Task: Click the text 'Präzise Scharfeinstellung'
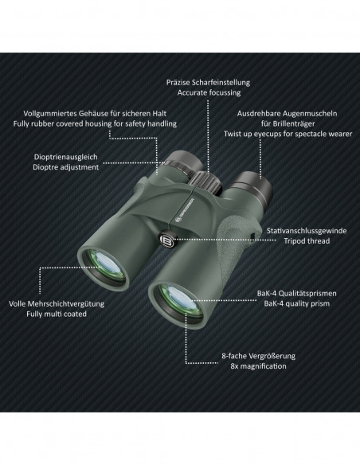[208, 83]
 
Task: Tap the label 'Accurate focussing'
[209, 92]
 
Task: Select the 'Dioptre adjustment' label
[66, 167]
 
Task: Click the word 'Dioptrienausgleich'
[65, 157]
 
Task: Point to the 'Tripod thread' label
[307, 240]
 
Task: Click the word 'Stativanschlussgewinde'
[307, 230]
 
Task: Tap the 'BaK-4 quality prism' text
[297, 303]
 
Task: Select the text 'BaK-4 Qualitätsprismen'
[297, 293]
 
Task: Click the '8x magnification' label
[258, 366]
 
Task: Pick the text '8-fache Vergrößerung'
[258, 356]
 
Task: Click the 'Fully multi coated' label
[57, 314]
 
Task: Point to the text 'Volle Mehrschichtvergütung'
[57, 303]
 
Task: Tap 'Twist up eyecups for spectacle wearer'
[288, 134]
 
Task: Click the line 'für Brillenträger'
[288, 123]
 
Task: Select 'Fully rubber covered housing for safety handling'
[95, 123]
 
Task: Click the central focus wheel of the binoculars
[206, 182]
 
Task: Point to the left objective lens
[104, 265]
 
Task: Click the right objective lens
[179, 302]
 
